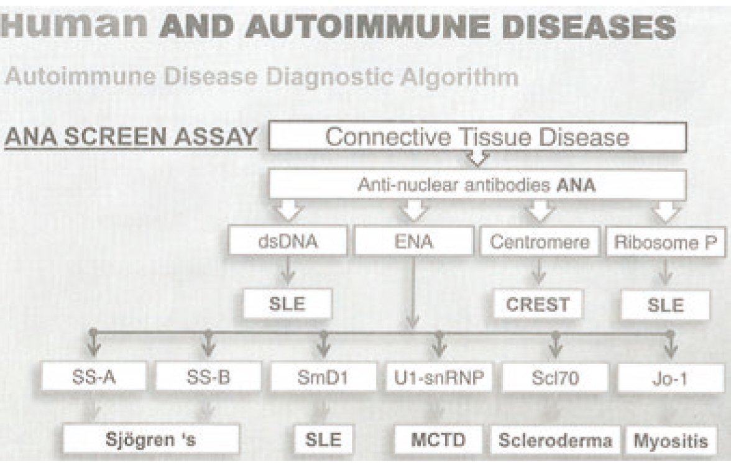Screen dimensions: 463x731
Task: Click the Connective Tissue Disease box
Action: [477, 137]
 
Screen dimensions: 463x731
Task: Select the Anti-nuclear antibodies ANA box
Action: [477, 186]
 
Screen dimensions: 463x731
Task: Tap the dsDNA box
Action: [287, 241]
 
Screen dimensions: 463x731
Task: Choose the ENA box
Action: [414, 241]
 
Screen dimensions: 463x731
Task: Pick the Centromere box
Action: [540, 241]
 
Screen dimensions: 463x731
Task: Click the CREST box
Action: [538, 305]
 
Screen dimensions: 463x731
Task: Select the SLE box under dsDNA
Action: [287, 305]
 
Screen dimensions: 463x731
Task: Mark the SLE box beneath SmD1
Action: [323, 440]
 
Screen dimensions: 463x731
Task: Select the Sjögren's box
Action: [152, 440]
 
